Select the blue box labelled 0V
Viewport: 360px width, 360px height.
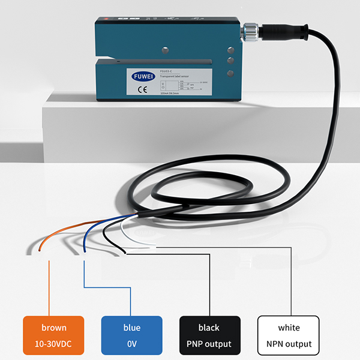[x=132, y=335]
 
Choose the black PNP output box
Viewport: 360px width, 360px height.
[x=209, y=335]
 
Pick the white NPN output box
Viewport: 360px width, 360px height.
[x=287, y=335]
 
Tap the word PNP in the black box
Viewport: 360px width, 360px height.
[x=197, y=344]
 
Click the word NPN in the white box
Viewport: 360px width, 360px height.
[x=275, y=344]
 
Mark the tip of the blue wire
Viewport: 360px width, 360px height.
[x=85, y=251]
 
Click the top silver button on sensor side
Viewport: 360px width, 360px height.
[x=230, y=50]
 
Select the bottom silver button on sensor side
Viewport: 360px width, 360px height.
[x=230, y=74]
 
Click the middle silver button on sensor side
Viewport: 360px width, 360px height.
[x=230, y=61]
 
